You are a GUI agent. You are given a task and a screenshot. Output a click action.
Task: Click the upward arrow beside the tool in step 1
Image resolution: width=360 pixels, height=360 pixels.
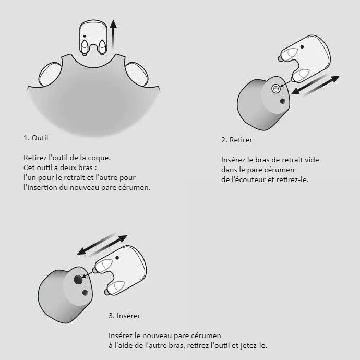coord(113,34)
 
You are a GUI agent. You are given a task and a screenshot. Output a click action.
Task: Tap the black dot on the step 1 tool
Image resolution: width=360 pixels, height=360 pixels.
coord(85,37)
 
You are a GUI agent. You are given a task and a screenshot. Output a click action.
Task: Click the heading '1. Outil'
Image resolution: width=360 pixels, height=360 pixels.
coord(36,138)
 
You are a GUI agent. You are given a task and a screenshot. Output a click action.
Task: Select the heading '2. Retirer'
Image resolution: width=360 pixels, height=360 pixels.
coord(237,140)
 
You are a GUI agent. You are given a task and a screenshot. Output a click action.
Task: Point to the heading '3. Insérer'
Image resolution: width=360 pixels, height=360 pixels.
coord(125,316)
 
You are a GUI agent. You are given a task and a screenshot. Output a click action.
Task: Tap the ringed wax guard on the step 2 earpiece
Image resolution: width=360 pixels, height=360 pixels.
coord(276,88)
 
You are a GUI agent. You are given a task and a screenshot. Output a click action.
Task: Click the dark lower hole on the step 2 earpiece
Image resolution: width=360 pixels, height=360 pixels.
coord(283,101)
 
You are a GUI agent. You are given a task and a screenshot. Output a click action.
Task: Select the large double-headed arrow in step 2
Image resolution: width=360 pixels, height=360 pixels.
coord(315,85)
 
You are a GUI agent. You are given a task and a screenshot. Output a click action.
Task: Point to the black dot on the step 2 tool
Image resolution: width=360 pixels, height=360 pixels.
coord(302,47)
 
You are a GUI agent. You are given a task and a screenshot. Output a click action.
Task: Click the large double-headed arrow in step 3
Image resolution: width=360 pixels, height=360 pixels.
coord(102,245)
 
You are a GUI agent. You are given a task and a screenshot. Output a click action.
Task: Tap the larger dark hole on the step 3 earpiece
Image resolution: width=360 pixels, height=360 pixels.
coord(78,280)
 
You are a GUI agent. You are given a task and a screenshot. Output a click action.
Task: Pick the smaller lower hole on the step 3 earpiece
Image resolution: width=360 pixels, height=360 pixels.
coord(85,293)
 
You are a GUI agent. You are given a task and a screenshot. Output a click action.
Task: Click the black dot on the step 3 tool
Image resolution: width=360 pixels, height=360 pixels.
coord(117,258)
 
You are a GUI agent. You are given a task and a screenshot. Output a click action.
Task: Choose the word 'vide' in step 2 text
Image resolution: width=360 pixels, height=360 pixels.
coord(312,160)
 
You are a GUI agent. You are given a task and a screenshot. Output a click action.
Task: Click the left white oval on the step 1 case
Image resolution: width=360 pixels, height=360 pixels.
coord(50,74)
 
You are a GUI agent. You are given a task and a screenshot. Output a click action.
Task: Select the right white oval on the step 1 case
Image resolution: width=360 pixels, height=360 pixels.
coord(136,74)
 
